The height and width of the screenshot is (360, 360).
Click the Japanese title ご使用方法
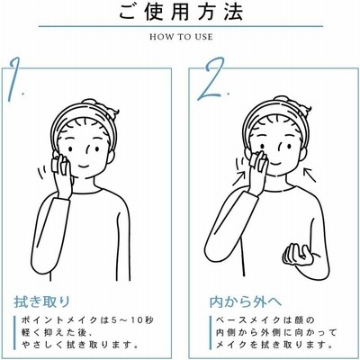181,12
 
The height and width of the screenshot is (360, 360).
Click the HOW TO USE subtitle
181,37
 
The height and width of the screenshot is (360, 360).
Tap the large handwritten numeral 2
211,78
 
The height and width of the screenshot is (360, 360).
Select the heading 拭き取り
42,301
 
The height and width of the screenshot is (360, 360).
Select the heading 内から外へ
246,301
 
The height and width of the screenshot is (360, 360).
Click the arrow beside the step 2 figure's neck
310,175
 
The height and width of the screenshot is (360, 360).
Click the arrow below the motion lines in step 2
241,177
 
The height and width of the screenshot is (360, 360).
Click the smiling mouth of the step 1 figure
84,166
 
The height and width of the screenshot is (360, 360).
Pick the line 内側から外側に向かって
276,332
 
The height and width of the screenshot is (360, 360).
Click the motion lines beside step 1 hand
42,172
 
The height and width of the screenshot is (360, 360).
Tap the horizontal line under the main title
181,27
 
